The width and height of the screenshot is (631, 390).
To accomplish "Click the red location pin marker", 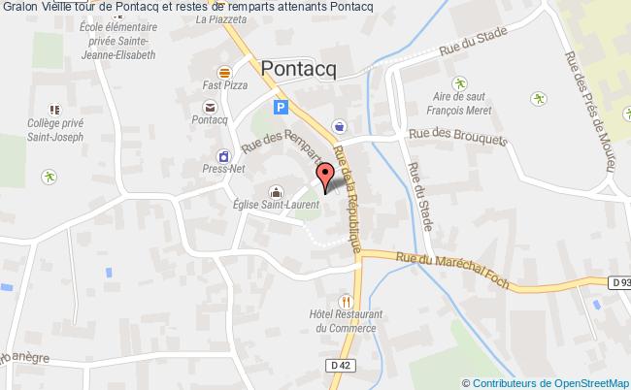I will tap(326, 177).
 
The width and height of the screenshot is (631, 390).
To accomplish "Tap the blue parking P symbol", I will tap(281, 108).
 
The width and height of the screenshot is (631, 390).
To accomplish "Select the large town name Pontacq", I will tap(300, 68).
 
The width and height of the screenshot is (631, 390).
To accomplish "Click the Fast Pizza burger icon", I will tap(224, 72).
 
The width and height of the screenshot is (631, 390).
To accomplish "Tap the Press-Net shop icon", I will tap(224, 155).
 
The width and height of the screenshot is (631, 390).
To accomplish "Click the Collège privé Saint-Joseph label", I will tap(55, 132).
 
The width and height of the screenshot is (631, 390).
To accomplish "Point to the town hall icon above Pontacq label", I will tap(224, 105).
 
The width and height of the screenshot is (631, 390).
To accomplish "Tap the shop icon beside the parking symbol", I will tap(339, 124).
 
